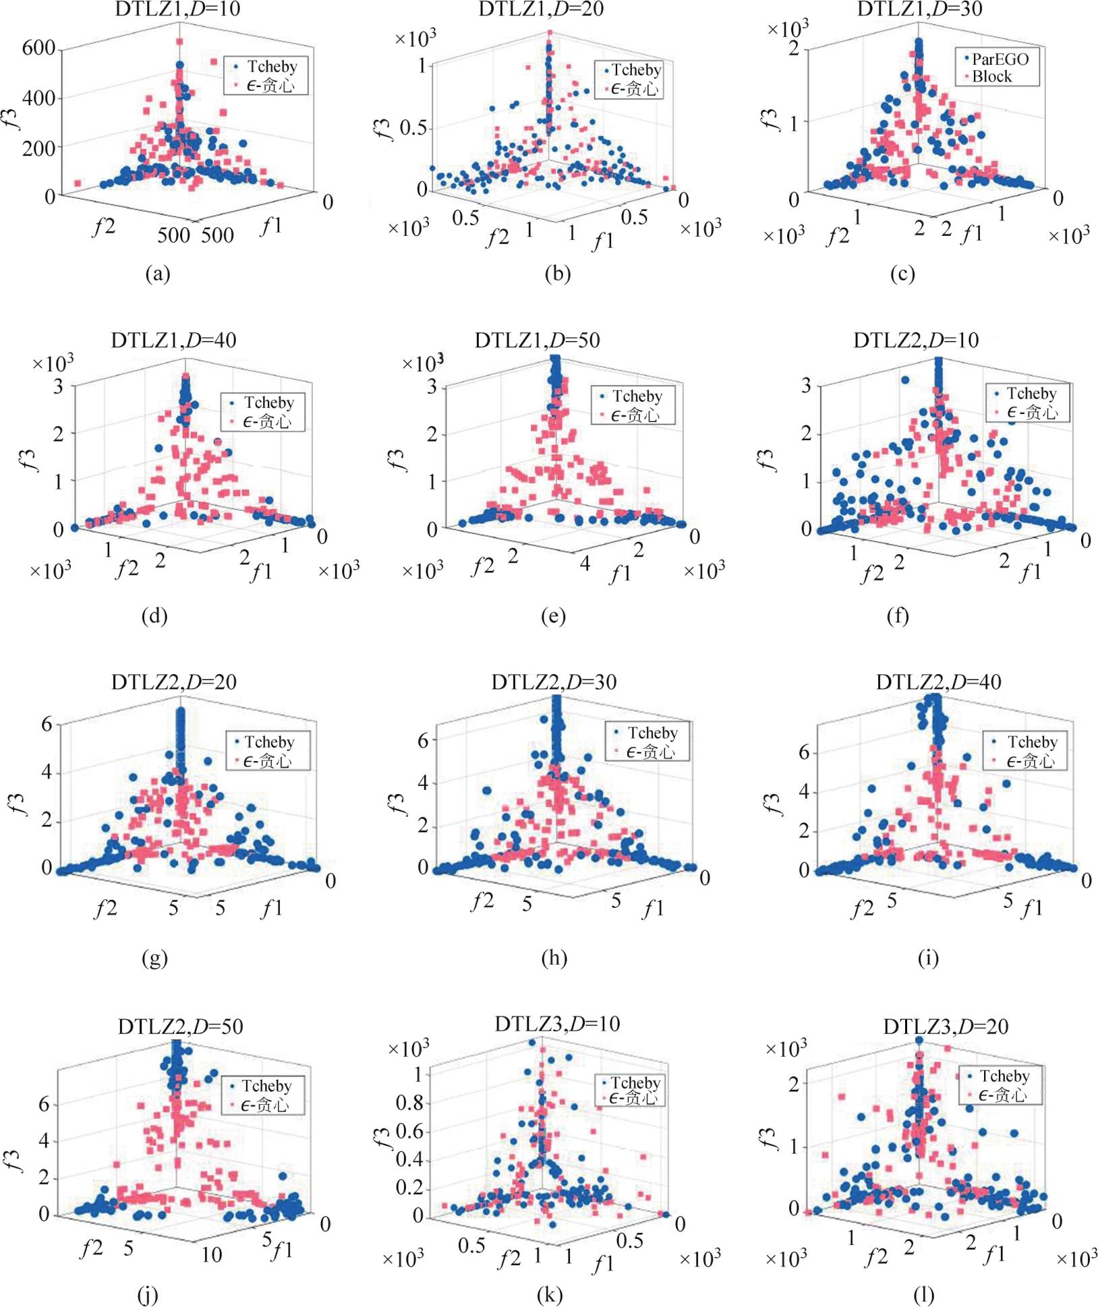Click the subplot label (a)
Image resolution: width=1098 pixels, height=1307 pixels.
pos(157,274)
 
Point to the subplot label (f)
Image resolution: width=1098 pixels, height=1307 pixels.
pos(898,616)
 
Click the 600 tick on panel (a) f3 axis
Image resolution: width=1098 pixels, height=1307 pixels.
pos(38,49)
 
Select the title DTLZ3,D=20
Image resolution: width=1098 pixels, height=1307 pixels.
pos(946,1027)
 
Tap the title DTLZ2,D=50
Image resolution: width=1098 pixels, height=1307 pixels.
pos(180,1027)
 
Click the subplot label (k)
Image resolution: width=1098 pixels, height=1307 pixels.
pos(550,1295)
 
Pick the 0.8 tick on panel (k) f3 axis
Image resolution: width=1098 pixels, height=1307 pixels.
pos(409,1103)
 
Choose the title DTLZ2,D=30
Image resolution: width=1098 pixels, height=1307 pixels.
pos(553,682)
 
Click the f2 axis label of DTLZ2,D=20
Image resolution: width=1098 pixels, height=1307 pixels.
pos(105,908)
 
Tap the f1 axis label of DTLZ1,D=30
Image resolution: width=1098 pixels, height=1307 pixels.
pos(971,234)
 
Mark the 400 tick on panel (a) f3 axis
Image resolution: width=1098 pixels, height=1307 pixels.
pos(38,98)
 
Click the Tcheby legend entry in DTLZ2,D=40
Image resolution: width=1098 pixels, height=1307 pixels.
pos(1032,741)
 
